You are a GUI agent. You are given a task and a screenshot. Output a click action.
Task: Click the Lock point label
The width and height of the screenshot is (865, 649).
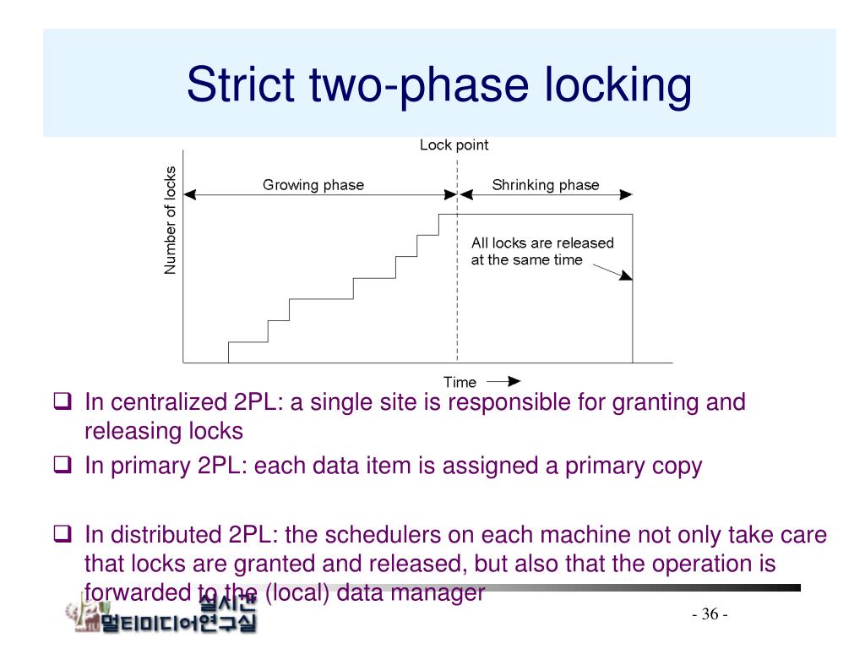point(454,145)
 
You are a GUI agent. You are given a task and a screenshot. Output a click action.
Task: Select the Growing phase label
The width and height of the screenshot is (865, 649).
point(313,185)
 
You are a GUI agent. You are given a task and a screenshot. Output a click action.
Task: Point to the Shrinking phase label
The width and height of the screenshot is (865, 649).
point(545,185)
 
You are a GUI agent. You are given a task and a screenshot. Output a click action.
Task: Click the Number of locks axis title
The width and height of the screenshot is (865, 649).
point(171,220)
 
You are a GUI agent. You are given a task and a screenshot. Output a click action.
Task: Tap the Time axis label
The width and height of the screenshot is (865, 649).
point(460,382)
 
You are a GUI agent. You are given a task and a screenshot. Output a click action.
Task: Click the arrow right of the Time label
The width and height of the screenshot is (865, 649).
point(504,381)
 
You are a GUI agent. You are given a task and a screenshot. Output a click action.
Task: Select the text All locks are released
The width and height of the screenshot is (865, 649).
point(542,243)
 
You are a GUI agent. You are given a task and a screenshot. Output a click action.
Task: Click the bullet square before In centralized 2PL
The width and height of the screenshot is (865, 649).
point(62,402)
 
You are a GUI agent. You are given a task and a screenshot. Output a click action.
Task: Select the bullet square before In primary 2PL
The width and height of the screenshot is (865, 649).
point(62,465)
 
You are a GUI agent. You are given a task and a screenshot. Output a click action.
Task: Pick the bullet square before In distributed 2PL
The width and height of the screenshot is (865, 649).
point(62,534)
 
